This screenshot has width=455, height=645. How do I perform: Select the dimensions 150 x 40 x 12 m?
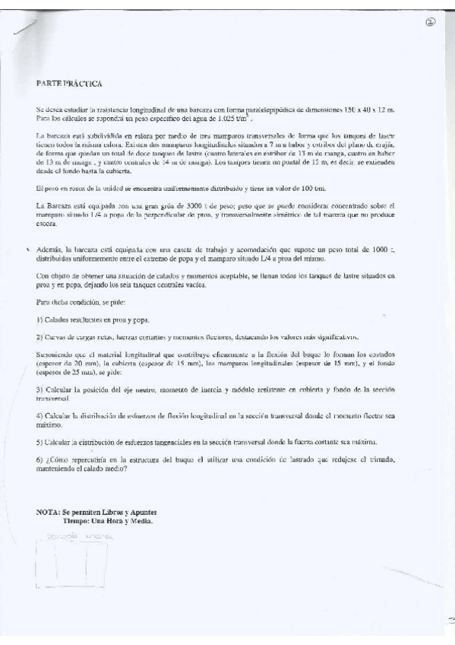pyautogui.click(x=386, y=111)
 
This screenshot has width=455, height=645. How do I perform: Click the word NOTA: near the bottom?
pyautogui.click(x=49, y=513)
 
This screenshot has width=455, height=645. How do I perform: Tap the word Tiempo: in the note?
pyautogui.click(x=78, y=521)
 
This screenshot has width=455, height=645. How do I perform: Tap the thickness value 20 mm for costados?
pyautogui.click(x=72, y=364)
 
